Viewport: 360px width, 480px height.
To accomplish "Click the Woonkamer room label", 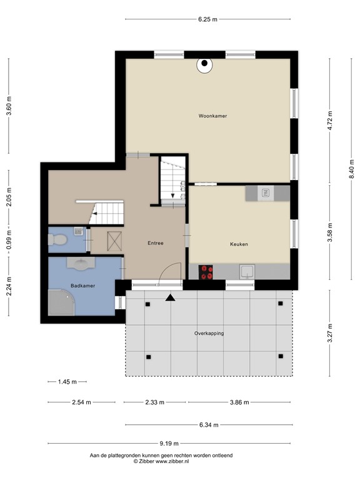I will [x=212, y=116].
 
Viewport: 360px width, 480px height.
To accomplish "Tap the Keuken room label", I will [x=239, y=244].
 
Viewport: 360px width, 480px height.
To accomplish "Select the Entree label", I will [x=156, y=243].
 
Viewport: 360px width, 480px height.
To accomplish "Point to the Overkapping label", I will [x=208, y=333].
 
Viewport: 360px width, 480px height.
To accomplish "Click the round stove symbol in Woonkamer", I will [x=204, y=64].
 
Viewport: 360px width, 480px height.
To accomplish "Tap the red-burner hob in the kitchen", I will [x=206, y=272].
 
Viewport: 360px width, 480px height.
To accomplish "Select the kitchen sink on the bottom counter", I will [x=247, y=272].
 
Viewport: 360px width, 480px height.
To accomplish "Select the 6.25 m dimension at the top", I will [x=207, y=19].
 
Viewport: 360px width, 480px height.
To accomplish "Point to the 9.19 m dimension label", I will [x=169, y=444].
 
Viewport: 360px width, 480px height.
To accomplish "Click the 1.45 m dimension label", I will [x=67, y=381].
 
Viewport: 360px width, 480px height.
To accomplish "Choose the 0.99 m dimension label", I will [x=9, y=240].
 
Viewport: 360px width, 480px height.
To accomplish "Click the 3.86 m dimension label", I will [x=239, y=402].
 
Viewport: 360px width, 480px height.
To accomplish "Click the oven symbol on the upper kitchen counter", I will [x=264, y=193].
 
